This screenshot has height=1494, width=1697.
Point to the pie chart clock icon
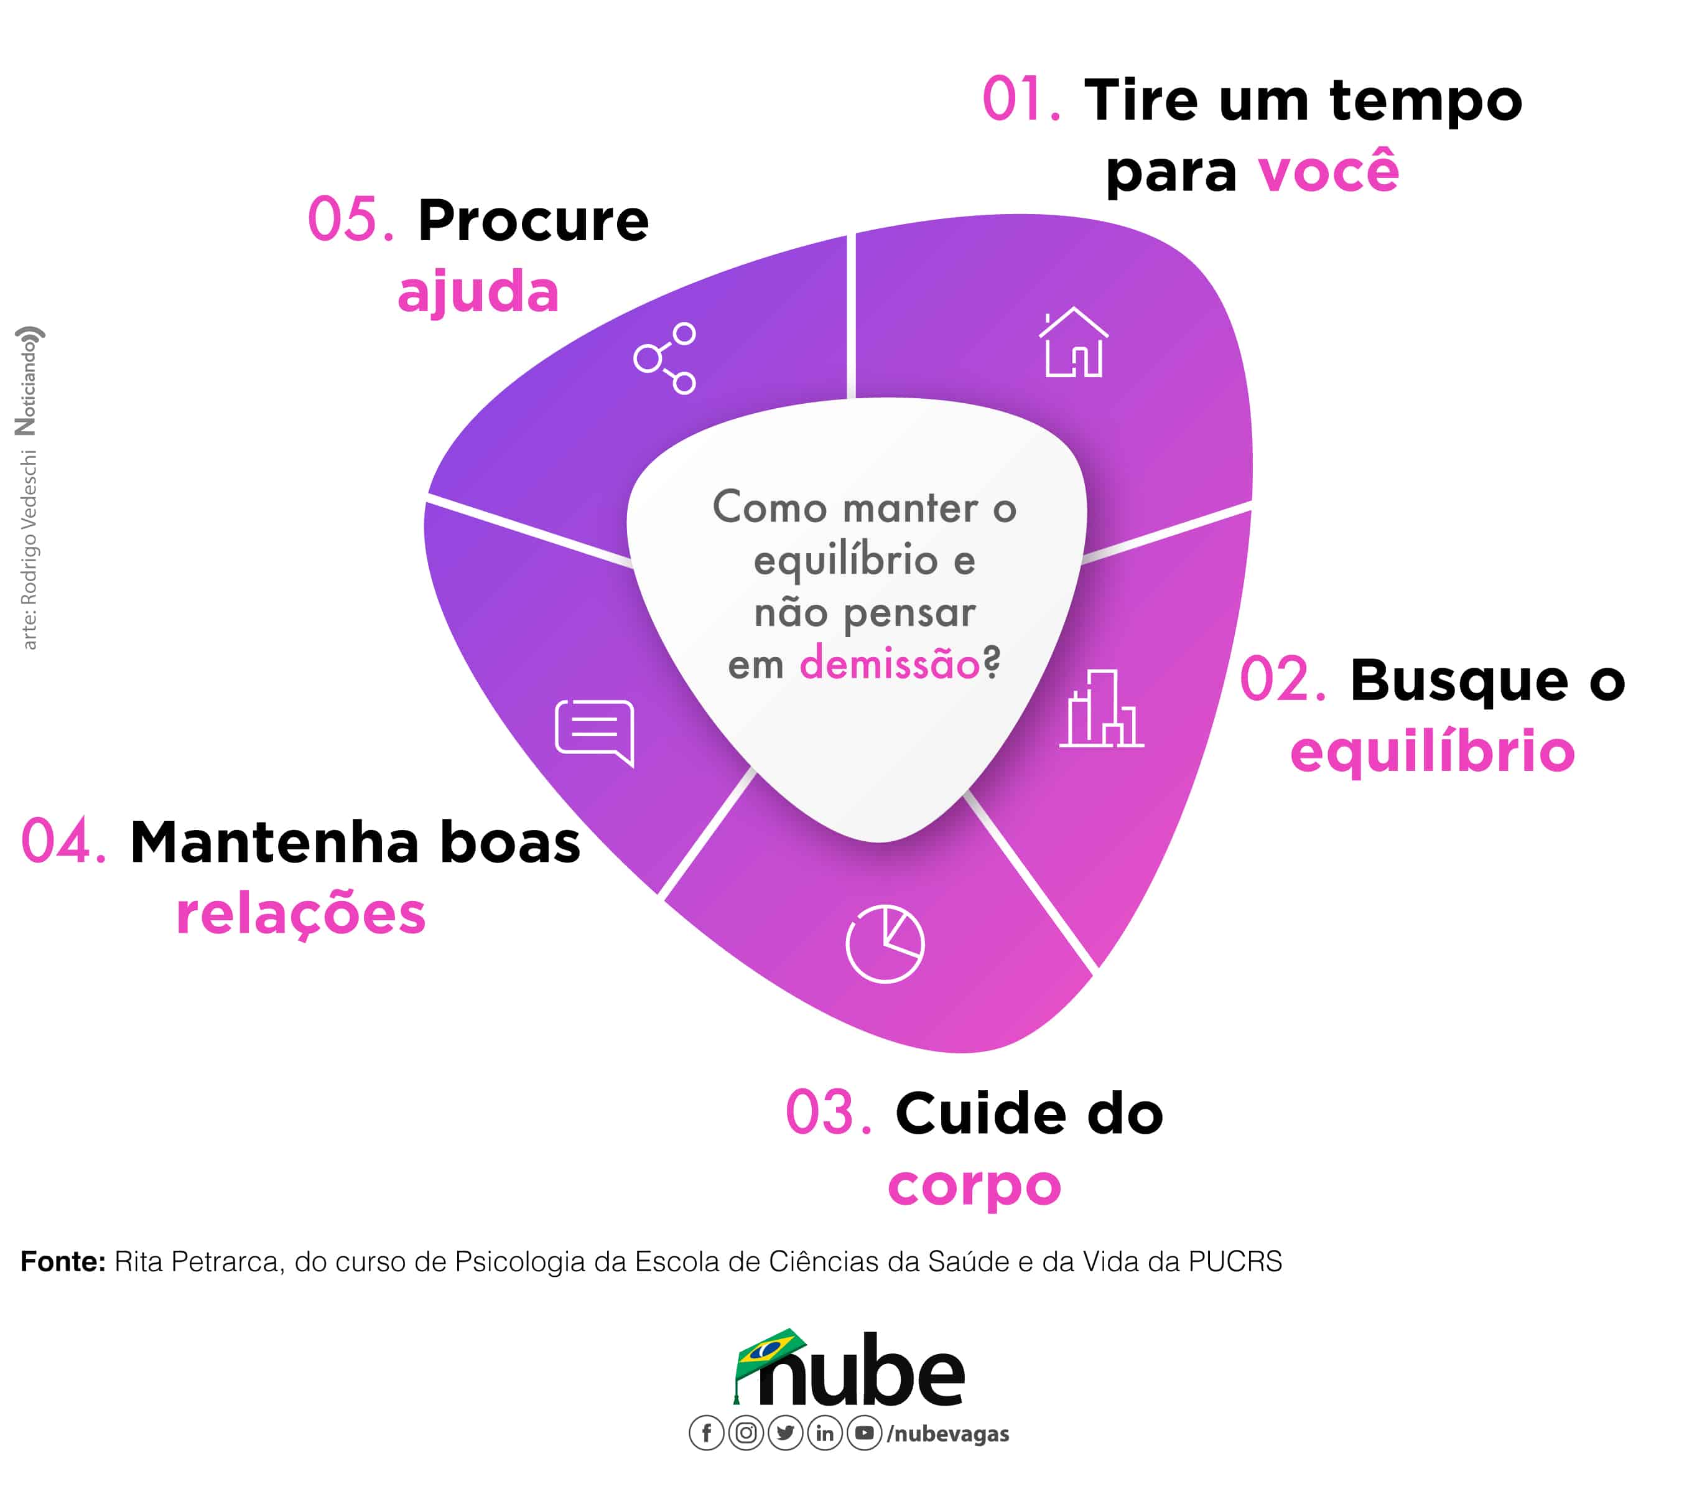point(885,943)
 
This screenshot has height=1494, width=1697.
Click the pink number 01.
point(1020,100)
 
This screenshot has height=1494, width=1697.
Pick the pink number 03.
point(828,1113)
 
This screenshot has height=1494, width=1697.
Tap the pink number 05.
point(350,220)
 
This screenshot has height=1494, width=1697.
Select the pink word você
point(1328,172)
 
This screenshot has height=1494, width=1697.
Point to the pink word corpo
point(974,1186)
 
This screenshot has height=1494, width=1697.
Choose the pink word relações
point(300,913)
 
